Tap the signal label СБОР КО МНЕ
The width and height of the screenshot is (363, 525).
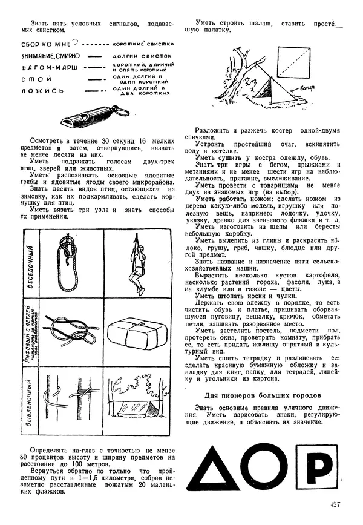click(44, 45)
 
